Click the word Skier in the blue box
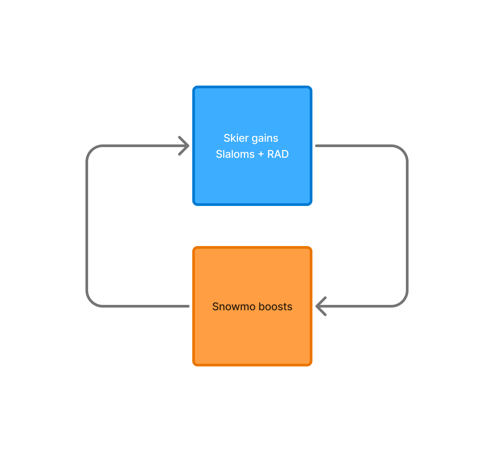point(236,138)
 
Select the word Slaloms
point(235,154)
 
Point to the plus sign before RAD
point(261,154)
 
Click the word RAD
point(278,154)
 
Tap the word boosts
point(276,307)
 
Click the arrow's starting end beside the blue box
point(316,146)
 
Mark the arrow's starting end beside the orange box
point(188,306)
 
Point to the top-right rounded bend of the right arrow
point(403,150)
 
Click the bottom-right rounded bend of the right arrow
point(403,302)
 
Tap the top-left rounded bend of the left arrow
point(91,150)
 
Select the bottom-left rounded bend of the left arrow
point(91,302)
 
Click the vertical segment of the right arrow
point(407,226)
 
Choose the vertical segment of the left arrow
point(87,226)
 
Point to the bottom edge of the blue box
point(252,205)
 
